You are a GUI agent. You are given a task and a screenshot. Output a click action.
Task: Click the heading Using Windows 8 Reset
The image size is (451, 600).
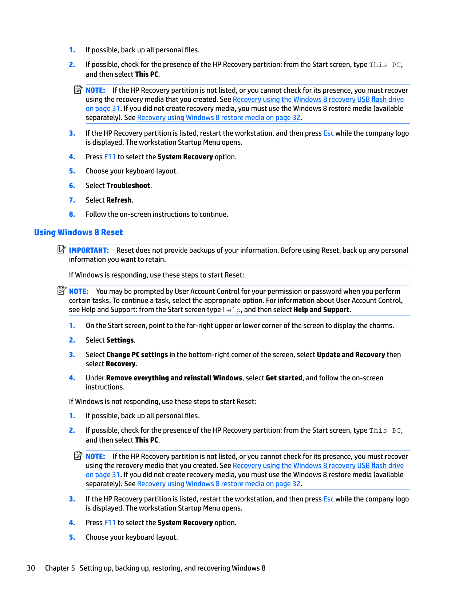[x=78, y=232]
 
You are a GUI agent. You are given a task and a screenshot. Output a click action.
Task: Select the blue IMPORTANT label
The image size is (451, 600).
[x=89, y=250]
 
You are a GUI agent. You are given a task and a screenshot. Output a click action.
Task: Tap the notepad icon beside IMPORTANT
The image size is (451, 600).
[x=62, y=249]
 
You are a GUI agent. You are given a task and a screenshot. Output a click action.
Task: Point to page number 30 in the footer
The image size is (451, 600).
[x=31, y=568]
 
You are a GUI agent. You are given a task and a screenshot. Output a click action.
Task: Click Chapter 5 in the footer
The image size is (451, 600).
[x=60, y=568]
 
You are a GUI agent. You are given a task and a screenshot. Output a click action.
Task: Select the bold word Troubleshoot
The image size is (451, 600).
[x=128, y=185]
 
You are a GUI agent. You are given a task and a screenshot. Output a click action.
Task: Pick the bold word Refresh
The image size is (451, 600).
[x=119, y=200]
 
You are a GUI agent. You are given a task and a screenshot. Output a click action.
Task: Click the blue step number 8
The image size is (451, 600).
[x=72, y=214]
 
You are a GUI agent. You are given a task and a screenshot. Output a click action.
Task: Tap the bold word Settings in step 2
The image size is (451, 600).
[x=120, y=340]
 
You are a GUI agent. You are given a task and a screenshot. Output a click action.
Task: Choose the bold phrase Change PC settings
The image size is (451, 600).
[x=137, y=355]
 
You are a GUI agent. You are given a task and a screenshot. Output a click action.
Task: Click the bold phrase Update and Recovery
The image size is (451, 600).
[x=351, y=355]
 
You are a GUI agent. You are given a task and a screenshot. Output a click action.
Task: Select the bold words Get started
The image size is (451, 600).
[x=284, y=378]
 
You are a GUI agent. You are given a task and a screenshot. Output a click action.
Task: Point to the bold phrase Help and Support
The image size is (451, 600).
[x=321, y=309]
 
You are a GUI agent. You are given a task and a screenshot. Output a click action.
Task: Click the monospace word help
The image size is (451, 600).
[x=232, y=310]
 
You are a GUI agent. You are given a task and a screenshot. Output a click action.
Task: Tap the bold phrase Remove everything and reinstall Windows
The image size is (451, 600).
[x=174, y=378]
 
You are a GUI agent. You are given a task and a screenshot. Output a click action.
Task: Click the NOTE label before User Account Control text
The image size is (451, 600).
[x=79, y=291]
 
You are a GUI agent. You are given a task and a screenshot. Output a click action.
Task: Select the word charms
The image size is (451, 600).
[x=382, y=325]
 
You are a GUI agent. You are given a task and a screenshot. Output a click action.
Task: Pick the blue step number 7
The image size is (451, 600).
[x=72, y=200]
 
